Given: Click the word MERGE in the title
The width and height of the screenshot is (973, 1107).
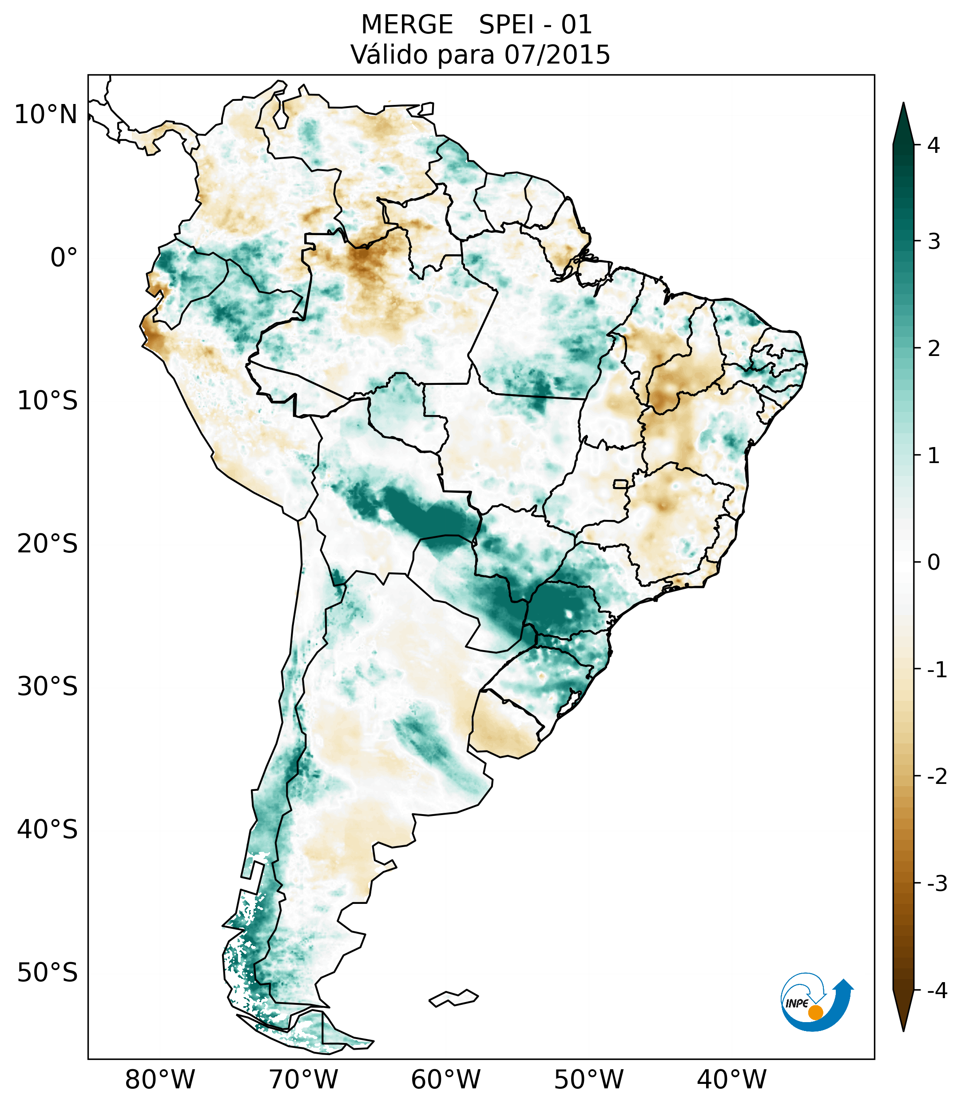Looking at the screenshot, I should coord(406,25).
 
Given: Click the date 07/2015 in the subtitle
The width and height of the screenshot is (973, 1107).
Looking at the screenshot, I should coord(557,55).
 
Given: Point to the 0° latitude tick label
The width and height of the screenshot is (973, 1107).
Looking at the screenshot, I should coord(64,258).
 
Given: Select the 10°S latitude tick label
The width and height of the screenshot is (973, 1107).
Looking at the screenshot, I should coord(48,401).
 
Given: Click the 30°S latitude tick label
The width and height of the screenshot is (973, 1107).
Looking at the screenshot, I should coord(48,687).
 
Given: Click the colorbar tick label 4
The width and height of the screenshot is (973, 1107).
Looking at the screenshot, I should coord(933,145).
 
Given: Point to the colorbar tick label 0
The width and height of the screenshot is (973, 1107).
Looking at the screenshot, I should coord(933,562).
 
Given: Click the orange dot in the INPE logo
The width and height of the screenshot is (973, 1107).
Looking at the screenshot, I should coord(815,1012).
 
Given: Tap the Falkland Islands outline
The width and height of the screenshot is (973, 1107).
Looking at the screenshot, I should coord(453,998).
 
